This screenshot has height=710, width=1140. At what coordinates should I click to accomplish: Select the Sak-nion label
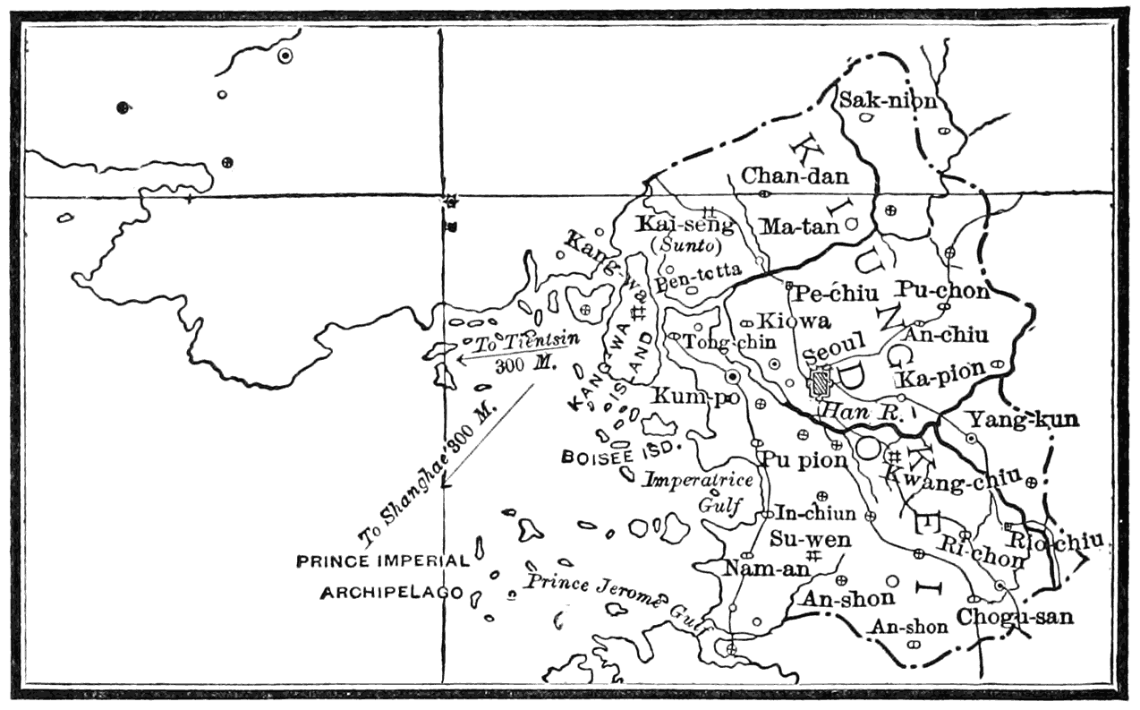pyautogui.click(x=887, y=101)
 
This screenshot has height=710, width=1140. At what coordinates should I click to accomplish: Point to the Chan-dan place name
pyautogui.click(x=795, y=176)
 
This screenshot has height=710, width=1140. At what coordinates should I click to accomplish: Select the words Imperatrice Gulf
pyautogui.click(x=711, y=491)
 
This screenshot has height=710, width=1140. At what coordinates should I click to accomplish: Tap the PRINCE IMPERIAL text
pyautogui.click(x=383, y=561)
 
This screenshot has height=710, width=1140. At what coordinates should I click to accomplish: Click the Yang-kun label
pyautogui.click(x=1022, y=418)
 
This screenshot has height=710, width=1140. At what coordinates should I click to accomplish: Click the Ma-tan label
pyautogui.click(x=799, y=227)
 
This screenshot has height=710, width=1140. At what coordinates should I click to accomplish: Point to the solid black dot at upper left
pyautogui.click(x=123, y=108)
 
